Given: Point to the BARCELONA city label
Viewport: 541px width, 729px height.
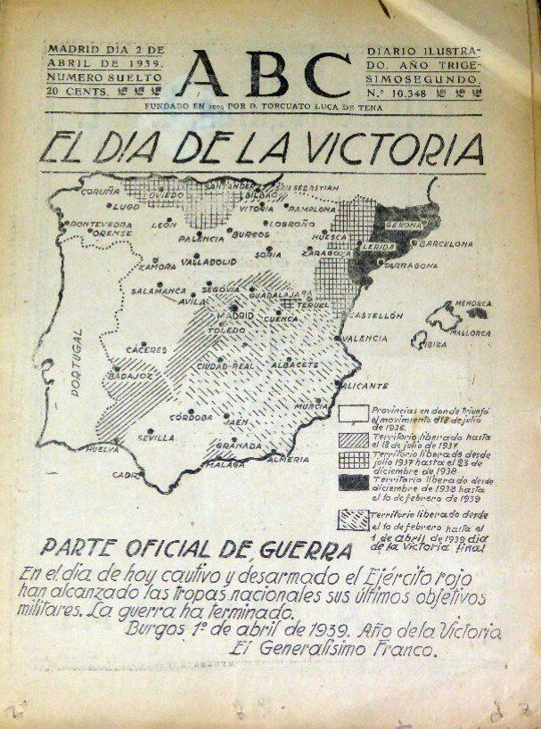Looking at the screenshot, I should [446, 242].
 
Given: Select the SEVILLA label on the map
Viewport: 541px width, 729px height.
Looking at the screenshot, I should [156, 438].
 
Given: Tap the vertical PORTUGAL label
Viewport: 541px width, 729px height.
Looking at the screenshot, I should [75, 362].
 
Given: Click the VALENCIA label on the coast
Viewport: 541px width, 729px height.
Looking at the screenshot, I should [365, 339].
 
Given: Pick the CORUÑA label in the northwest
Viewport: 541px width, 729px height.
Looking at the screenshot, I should [100, 191].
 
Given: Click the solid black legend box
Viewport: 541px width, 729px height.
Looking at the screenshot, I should [354, 482].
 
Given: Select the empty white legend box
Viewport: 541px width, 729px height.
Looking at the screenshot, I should [354, 413].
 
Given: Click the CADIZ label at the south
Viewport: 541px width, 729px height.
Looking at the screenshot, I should [126, 475].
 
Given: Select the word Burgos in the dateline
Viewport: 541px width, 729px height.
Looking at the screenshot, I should [157, 632].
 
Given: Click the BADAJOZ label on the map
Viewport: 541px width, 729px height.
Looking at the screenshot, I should [131, 375].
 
